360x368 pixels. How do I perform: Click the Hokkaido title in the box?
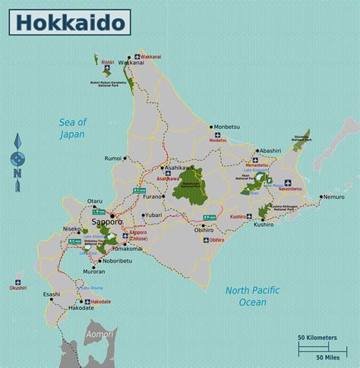pyautogui.click(x=69, y=22)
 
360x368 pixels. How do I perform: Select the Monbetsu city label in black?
pyautogui.click(x=226, y=127)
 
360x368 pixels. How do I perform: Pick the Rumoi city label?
pyautogui.click(x=113, y=159)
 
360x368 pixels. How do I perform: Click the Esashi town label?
pyautogui.click(x=52, y=294)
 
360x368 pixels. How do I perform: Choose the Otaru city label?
pyautogui.click(x=94, y=202)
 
